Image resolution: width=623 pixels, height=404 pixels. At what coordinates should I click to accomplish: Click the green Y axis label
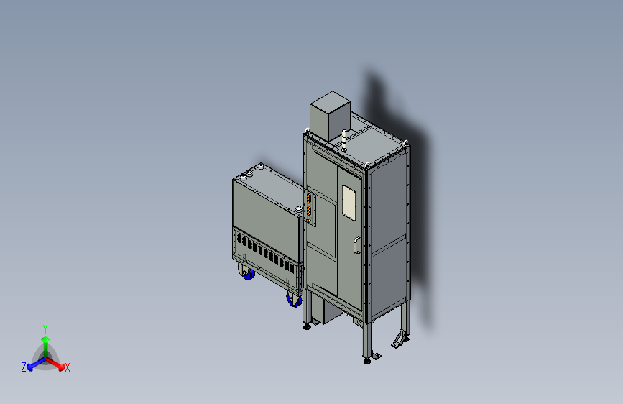point(45,329)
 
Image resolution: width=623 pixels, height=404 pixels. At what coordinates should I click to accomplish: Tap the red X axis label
point(67,367)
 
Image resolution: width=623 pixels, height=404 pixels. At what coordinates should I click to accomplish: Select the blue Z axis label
point(24,367)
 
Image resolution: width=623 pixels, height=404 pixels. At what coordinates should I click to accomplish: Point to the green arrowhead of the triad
point(46,339)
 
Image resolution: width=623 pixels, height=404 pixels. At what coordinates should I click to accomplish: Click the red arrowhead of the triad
point(60,367)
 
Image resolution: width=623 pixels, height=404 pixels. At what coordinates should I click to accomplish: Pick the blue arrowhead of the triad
point(30,367)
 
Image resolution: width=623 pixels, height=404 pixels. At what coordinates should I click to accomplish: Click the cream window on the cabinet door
point(349,203)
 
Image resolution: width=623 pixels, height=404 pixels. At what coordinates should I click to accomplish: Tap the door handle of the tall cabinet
point(357,244)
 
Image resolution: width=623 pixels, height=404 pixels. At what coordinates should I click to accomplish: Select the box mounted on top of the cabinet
point(330,116)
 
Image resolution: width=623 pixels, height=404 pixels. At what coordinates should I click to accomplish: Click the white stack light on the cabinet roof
point(344,140)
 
